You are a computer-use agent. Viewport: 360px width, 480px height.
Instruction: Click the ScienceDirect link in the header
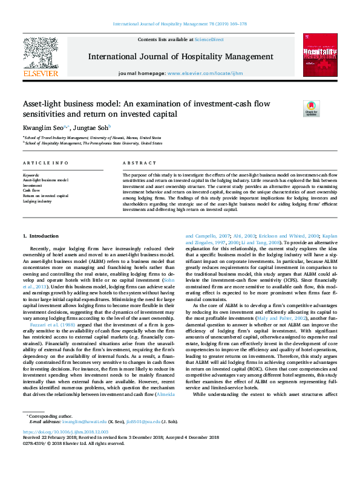[209, 39]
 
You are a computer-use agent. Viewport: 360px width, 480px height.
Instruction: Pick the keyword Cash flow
[31, 190]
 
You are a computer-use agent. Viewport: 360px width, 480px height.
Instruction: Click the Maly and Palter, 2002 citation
[292, 317]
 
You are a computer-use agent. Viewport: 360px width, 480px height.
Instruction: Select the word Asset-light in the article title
[41, 104]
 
